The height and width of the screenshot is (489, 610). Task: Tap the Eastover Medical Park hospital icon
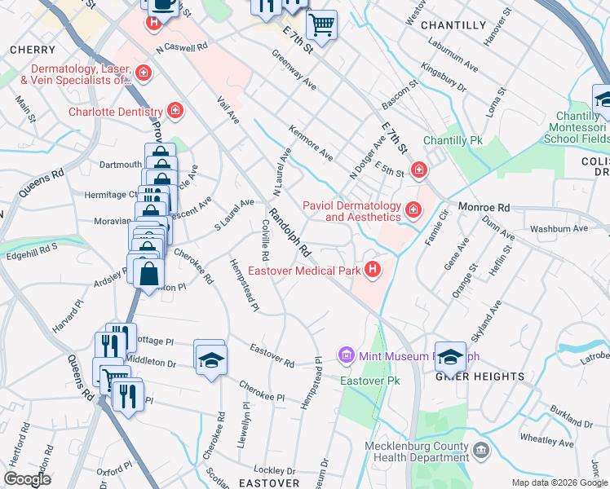click(x=374, y=270)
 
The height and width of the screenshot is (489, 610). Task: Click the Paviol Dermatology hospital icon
click(x=413, y=211)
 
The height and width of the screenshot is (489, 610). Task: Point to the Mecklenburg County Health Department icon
click(x=481, y=450)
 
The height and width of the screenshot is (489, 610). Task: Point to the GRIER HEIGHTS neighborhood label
click(x=480, y=376)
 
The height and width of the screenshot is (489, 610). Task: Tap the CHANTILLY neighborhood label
click(x=453, y=25)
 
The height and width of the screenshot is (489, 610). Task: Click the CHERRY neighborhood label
click(x=33, y=50)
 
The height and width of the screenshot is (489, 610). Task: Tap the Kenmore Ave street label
click(x=311, y=142)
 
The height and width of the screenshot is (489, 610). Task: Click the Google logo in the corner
click(x=27, y=479)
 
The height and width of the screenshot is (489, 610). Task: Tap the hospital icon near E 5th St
click(x=418, y=170)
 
